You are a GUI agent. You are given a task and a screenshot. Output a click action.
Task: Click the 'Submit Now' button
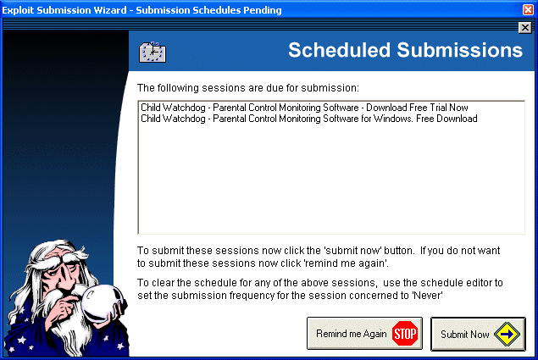pos(478,334)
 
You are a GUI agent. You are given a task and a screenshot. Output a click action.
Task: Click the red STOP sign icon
pos(405,334)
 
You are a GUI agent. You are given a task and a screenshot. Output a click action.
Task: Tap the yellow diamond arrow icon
pos(507,334)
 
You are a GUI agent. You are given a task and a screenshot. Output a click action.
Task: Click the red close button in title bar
pos(528,9)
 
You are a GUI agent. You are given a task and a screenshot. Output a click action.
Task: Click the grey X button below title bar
pos(525,27)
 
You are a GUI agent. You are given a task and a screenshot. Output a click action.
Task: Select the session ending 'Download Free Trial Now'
pos(304,108)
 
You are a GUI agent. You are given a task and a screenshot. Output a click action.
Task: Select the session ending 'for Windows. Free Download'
pos(308,119)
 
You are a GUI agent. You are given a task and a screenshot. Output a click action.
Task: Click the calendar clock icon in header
pos(153,53)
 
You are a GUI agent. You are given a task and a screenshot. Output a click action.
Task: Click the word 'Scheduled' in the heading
pos(340,50)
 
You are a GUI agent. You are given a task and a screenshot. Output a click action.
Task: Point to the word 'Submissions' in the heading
pos(460,50)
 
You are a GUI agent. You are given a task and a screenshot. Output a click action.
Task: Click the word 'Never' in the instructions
pos(428,295)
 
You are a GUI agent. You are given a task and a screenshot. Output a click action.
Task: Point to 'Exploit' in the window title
pos(18,10)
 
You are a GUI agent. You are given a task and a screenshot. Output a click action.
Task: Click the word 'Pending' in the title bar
pos(263,10)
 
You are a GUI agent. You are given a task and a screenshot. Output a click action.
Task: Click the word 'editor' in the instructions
pos(480,282)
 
